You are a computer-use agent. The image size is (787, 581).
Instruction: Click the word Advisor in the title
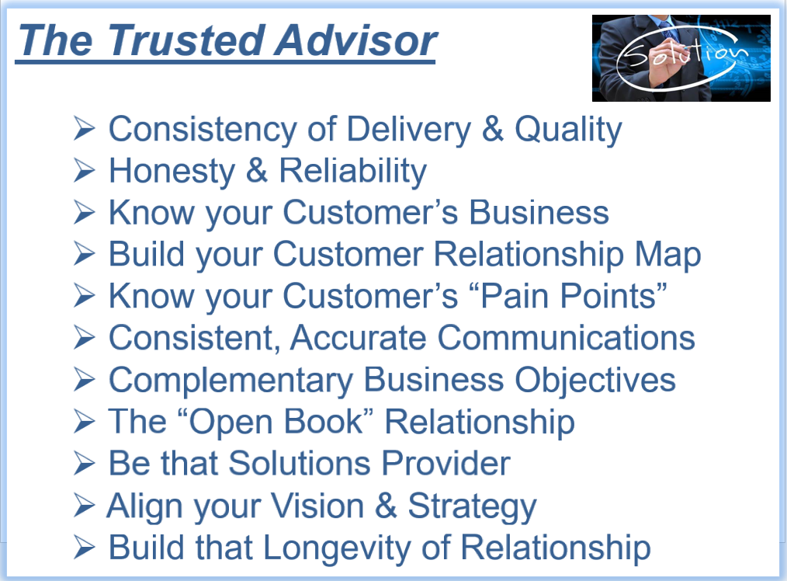click(355, 40)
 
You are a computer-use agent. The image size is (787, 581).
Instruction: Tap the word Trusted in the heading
click(186, 40)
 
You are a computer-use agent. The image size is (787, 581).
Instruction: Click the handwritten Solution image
click(681, 58)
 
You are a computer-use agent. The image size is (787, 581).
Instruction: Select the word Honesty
click(172, 172)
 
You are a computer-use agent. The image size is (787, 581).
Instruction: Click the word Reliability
click(353, 172)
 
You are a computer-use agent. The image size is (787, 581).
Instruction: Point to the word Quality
click(569, 130)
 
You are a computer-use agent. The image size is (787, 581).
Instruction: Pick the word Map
click(667, 255)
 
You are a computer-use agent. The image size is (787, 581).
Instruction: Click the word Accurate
click(359, 337)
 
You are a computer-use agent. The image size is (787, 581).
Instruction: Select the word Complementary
click(231, 380)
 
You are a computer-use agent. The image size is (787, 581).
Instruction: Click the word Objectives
click(595, 380)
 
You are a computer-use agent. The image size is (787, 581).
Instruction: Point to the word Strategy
click(473, 506)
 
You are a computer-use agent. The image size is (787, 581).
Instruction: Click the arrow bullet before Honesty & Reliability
click(84, 171)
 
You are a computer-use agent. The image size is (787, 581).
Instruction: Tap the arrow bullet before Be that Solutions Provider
click(84, 463)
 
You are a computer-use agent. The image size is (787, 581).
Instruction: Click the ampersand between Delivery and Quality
click(492, 129)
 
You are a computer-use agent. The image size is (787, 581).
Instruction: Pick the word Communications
click(566, 337)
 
